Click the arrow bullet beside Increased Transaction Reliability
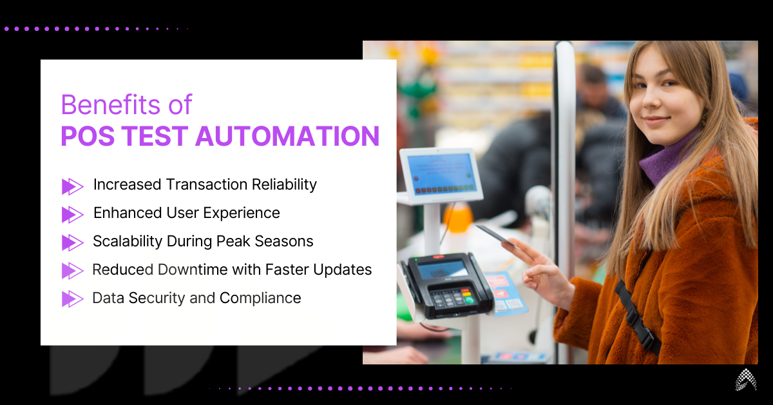click(x=72, y=186)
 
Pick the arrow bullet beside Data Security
click(x=72, y=299)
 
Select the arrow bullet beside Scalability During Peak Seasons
click(x=72, y=242)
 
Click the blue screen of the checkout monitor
click(x=441, y=173)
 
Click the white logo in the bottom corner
click(x=747, y=381)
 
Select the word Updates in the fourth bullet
click(x=345, y=270)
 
